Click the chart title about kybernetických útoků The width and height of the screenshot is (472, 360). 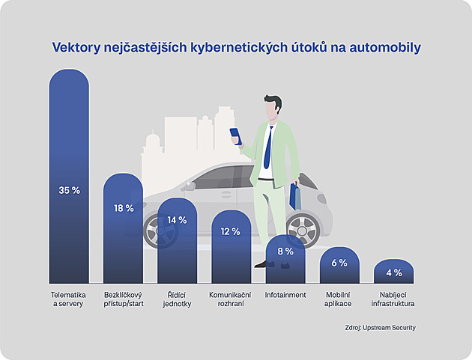coord(236,47)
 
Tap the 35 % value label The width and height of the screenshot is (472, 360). coord(69,191)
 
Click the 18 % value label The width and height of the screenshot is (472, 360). coord(123,208)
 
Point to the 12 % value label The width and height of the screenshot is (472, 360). coord(231,232)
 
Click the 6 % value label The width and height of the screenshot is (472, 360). coord(339,263)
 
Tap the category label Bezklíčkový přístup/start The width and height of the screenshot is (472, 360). coord(123,299)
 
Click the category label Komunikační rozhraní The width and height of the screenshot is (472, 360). coord(231,299)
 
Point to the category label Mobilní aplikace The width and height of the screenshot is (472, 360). coord(339,299)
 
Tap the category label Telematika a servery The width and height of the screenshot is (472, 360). coord(69,299)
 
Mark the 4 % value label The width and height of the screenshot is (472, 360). coord(394,273)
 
